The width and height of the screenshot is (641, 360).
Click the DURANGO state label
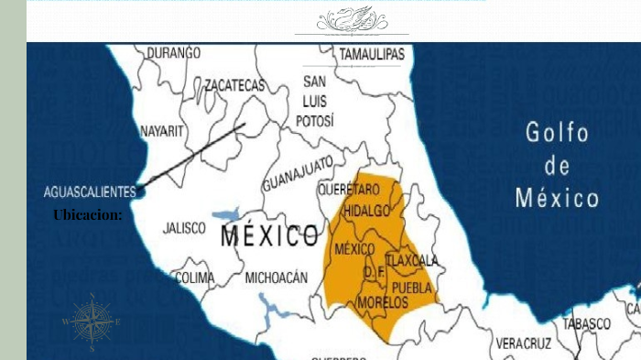pos(172,53)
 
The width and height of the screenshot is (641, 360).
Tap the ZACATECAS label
pos(234,85)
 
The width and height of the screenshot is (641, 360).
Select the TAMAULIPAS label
pos(372,56)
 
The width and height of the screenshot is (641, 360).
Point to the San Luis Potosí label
pos(315,101)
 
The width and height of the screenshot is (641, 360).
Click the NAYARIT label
pos(162,131)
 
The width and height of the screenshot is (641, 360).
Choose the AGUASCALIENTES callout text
pos(90,191)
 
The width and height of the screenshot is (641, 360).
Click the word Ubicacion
pos(87,214)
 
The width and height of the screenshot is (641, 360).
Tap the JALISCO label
pos(184,228)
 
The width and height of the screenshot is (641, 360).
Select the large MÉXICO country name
pos(269,237)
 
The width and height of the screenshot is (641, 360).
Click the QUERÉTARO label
pos(348,189)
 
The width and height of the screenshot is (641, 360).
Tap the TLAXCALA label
pos(413,261)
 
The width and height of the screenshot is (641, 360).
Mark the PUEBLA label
pos(411,287)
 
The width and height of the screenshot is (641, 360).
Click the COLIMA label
pos(194,277)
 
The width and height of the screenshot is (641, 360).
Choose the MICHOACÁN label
pos(277,277)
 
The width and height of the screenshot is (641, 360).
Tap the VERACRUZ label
pos(524,343)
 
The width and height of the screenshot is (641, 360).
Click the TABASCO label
pos(586,323)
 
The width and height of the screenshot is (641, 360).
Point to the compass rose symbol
pos(92,322)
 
